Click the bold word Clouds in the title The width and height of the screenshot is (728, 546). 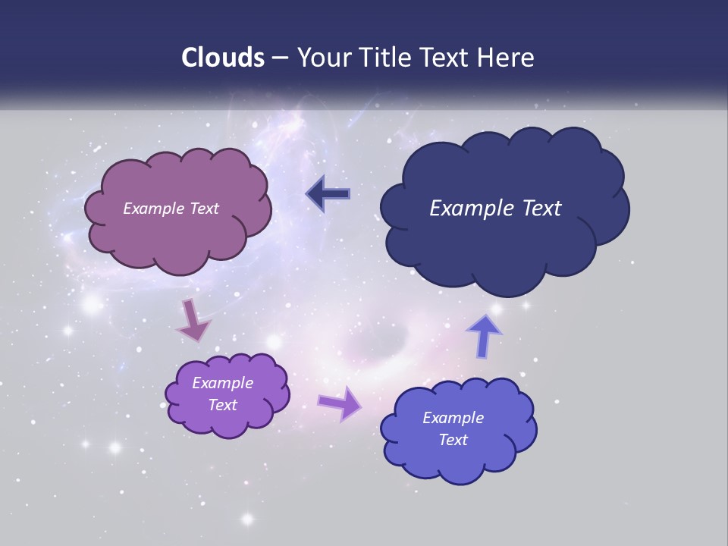pos(223,58)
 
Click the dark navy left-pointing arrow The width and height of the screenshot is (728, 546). pos(328,195)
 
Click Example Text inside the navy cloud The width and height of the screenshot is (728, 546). pos(495,209)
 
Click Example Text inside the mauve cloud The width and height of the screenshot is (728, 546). pos(171,209)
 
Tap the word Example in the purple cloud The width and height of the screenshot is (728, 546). pos(222,383)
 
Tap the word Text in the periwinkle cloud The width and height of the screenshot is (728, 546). pos(453,440)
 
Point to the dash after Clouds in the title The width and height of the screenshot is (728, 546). pos(279,58)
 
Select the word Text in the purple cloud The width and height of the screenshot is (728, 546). pos(222,405)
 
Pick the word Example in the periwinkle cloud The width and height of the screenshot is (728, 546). pos(453,418)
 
